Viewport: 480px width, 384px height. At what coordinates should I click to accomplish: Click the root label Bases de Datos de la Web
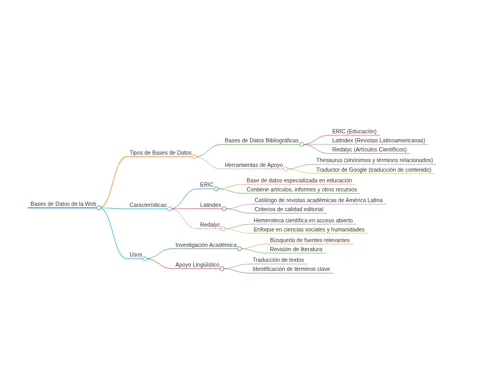click(63, 204)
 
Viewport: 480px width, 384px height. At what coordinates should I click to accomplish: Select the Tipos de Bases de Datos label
click(160, 153)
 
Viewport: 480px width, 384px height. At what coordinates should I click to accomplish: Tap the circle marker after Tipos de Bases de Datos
click(194, 156)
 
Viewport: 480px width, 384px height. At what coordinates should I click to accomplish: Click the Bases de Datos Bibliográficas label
click(262, 141)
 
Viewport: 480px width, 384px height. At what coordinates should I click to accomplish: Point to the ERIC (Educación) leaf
click(354, 131)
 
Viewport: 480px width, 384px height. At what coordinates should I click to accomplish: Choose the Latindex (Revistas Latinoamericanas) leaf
click(378, 141)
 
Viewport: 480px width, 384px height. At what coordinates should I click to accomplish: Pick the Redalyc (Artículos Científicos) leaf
click(369, 150)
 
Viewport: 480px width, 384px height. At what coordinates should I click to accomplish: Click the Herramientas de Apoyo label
click(254, 165)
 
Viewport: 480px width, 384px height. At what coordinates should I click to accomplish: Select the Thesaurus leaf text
click(375, 160)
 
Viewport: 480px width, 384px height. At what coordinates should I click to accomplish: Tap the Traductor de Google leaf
click(374, 170)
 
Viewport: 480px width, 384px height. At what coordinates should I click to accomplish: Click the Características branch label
click(148, 205)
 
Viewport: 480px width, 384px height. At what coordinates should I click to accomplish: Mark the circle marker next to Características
click(169, 209)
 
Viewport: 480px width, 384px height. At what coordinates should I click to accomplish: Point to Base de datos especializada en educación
click(299, 180)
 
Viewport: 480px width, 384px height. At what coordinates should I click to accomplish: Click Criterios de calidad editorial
click(289, 209)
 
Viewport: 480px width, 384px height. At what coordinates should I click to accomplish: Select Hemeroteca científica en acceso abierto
click(303, 220)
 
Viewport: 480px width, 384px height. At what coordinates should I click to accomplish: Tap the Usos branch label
click(136, 255)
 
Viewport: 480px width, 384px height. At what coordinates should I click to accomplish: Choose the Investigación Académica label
click(206, 245)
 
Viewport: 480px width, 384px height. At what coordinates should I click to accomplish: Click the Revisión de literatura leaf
click(296, 249)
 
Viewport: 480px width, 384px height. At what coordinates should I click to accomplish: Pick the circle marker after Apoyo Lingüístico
click(222, 268)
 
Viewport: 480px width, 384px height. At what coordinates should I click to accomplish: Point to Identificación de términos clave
click(291, 269)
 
